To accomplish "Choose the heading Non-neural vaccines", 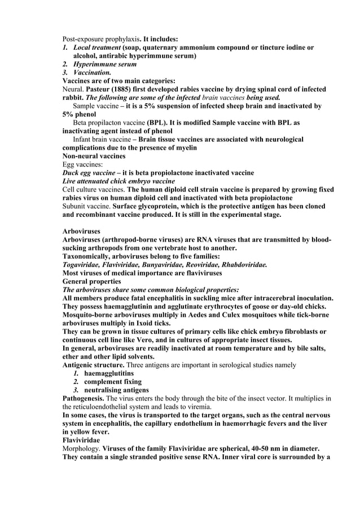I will [x=94, y=156].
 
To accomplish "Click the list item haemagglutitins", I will [x=109, y=373].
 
